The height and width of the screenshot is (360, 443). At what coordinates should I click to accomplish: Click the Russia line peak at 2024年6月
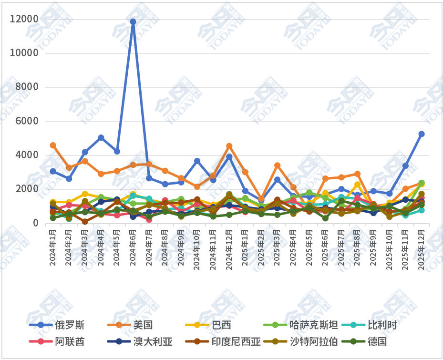click(x=133, y=21)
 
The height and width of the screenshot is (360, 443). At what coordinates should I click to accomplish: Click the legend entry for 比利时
click(x=374, y=325)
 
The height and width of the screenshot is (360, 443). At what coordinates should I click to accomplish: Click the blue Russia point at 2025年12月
click(x=422, y=134)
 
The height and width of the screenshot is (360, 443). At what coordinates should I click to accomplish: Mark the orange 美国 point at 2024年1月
click(x=53, y=145)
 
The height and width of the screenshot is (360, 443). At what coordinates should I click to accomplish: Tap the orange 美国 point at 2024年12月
click(x=229, y=146)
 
